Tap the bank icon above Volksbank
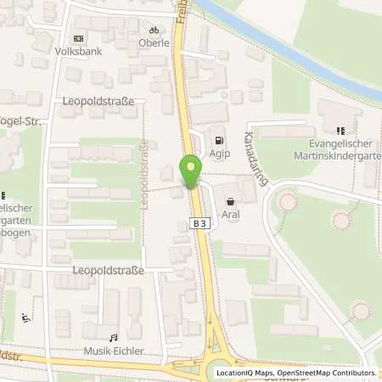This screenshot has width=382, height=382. point(79,37)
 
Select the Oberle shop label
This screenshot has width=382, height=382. point(154,42)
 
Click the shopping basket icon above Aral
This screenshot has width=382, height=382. point(231,201)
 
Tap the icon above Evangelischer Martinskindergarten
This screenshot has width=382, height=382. point(340,131)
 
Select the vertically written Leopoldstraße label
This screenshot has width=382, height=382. point(144,167)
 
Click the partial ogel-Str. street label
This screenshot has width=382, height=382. point(20,121)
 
